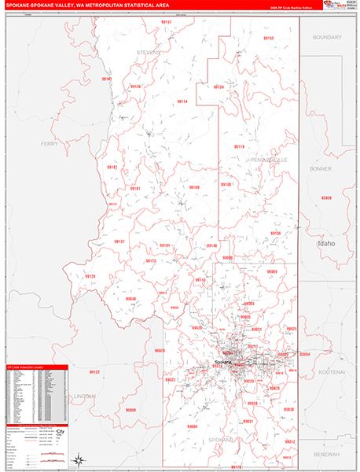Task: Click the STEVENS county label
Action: click(x=149, y=53)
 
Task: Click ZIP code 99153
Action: click(x=268, y=38)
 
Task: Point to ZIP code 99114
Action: click(x=182, y=101)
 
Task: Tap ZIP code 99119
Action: click(x=239, y=146)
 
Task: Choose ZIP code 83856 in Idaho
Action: click(x=326, y=197)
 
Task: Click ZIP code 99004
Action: click(x=193, y=426)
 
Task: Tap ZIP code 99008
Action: click(x=131, y=410)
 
